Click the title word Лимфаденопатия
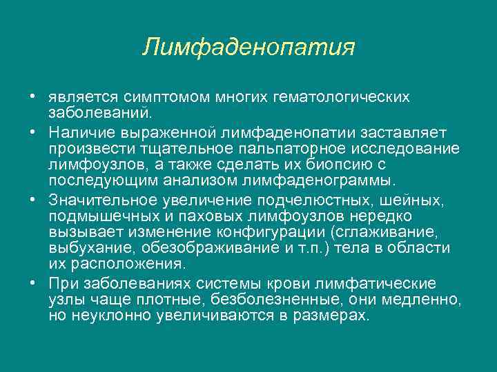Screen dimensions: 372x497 tap(248, 48)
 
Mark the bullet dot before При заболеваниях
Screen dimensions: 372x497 tap(32, 283)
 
